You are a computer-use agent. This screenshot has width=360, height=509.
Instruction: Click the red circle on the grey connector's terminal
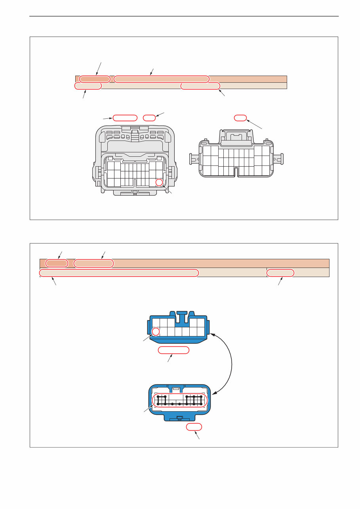tap(159, 182)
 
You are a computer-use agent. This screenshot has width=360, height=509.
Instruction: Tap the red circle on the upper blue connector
tap(156, 332)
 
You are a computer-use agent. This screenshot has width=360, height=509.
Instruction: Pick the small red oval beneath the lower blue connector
tap(194, 427)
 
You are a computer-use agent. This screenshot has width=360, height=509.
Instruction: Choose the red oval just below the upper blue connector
tap(173, 350)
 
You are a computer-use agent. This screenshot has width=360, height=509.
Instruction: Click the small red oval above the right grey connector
tap(240, 118)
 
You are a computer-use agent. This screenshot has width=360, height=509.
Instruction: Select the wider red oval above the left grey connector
tap(125, 118)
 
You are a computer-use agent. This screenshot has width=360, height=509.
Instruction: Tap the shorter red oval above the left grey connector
tap(149, 118)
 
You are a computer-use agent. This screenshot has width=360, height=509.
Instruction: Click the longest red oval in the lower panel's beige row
tap(119, 273)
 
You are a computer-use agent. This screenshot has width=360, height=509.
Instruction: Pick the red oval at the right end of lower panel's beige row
tap(280, 273)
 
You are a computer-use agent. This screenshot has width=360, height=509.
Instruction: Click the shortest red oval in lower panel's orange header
tap(57, 263)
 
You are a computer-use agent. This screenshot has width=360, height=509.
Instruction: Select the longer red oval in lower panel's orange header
tap(93, 263)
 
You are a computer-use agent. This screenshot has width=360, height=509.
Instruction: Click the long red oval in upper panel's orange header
tap(161, 79)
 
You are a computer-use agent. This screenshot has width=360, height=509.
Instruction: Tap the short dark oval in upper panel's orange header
tap(94, 79)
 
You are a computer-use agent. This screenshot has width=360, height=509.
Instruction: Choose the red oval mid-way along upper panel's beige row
tap(200, 86)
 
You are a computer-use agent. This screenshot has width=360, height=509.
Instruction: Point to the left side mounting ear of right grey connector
tap(194, 159)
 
